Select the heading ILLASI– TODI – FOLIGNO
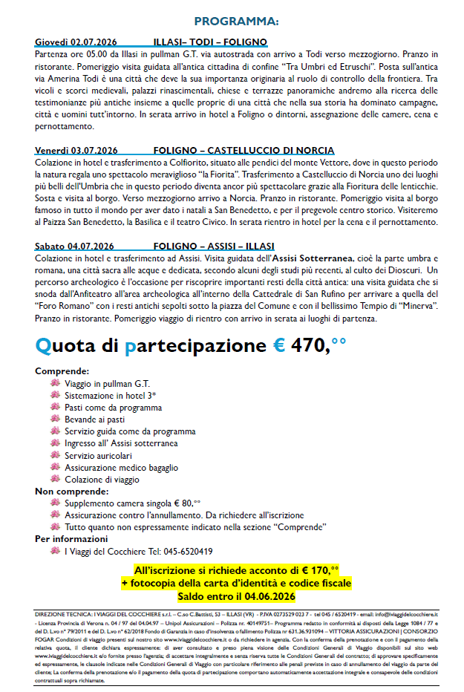pos(210,42)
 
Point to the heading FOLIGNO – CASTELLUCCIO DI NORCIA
pos(233,151)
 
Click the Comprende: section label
pos(62,371)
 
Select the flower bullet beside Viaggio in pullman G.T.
pos(55,383)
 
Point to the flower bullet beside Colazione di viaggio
pos(55,479)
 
